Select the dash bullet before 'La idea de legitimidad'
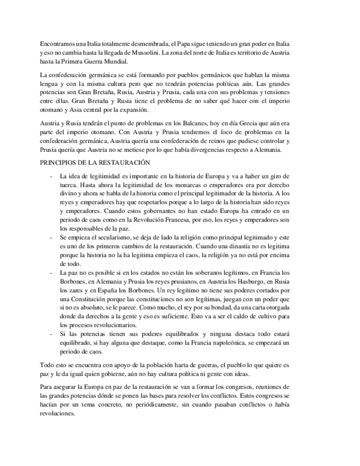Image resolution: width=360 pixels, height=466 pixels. (x=51, y=176)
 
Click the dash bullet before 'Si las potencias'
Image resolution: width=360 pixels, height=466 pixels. (x=51, y=334)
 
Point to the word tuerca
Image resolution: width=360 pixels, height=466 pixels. (x=68, y=185)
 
